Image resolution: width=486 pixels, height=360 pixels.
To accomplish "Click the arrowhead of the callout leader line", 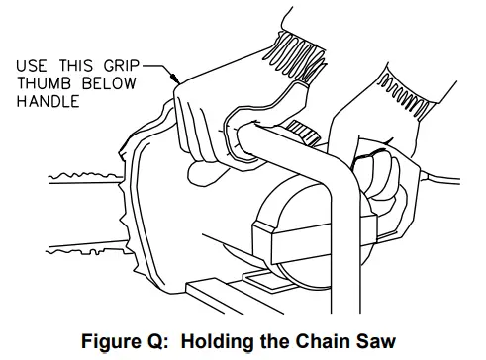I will point(175,76).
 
